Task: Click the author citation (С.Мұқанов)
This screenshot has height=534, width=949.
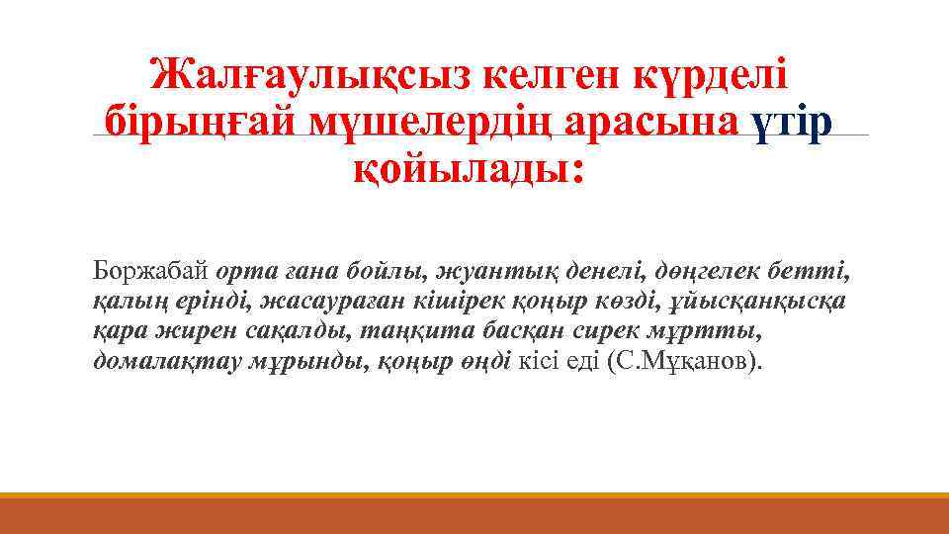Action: pos(692,362)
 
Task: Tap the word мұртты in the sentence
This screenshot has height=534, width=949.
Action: pos(713,331)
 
